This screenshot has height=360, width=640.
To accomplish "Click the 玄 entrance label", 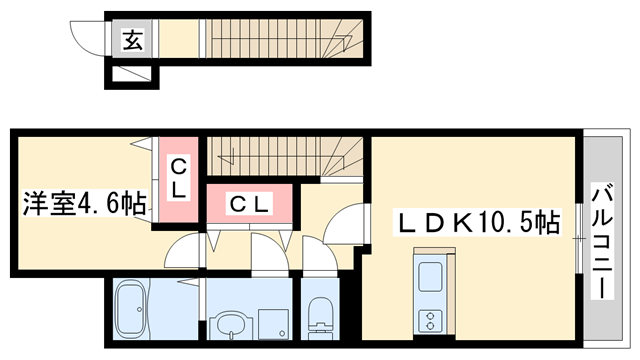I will point(132,40).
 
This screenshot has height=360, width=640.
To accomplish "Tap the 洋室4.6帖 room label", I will point(86,205).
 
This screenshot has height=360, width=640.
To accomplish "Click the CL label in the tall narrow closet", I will point(177,178).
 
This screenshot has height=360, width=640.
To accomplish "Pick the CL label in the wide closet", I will point(249,204).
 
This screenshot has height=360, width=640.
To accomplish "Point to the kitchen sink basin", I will point(429,276).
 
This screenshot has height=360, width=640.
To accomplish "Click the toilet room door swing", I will point(318,255).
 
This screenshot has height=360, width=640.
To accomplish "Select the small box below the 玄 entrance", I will point(132,75).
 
